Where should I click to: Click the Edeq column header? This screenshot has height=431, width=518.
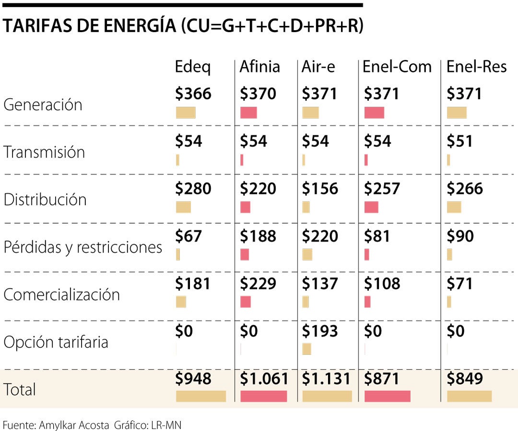tap(192, 67)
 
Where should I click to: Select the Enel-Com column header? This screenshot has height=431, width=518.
tap(397, 67)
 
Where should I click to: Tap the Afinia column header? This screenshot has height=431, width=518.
tap(259, 67)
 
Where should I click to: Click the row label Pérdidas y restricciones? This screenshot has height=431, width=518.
tap(82, 248)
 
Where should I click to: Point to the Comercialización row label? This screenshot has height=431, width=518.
tap(61, 295)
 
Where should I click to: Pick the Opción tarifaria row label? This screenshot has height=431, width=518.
tap(56, 342)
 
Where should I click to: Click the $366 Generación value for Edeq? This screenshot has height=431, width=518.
tap(193, 93)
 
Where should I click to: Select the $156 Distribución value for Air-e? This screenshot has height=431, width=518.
tap(319, 189)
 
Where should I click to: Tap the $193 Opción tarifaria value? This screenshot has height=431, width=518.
tap(319, 331)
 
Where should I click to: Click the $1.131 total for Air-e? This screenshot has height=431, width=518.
tap(326, 379)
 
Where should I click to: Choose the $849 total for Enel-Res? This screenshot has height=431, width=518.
tap(464, 379)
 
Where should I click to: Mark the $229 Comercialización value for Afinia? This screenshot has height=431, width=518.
tap(258, 284)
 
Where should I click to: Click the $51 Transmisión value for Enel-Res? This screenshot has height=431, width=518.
tap(459, 141)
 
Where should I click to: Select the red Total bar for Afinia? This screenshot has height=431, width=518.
tap(263, 396)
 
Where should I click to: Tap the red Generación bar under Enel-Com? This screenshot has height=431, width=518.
tap(374, 113)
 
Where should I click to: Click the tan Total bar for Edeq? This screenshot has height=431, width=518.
tap(200, 396)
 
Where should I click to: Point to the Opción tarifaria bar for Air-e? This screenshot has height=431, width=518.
tap(306, 349)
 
